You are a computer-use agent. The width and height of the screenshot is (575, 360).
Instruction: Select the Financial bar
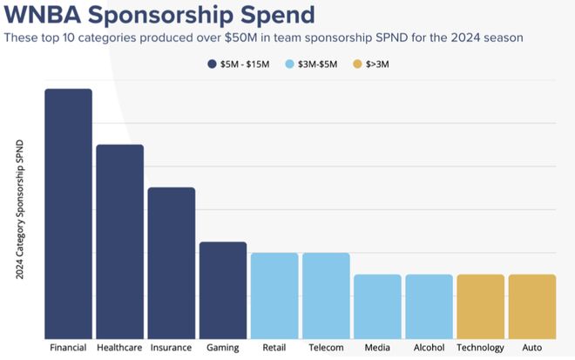pos(68,214)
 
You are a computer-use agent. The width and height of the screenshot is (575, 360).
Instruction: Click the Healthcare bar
pos(119,241)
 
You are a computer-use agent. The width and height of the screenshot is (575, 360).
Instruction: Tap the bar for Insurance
pos(171,262)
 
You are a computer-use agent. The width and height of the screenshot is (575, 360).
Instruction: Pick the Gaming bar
pos(223,290)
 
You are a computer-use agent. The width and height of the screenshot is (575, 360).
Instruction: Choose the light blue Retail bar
pos(274,295)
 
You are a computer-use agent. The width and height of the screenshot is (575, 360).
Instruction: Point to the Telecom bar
pos(326,295)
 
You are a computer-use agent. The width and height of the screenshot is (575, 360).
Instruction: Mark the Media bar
pos(377,306)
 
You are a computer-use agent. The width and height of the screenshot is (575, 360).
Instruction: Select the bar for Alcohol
pos(429,306)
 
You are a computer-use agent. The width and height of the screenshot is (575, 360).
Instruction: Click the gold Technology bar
pos(480,306)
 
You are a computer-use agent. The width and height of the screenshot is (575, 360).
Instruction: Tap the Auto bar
pos(531,306)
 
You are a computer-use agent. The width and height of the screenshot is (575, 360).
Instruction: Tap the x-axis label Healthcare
pos(119,348)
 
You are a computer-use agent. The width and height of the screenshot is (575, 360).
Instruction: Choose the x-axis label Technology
pos(480,348)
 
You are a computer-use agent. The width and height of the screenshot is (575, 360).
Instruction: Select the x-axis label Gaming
pos(223,348)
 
